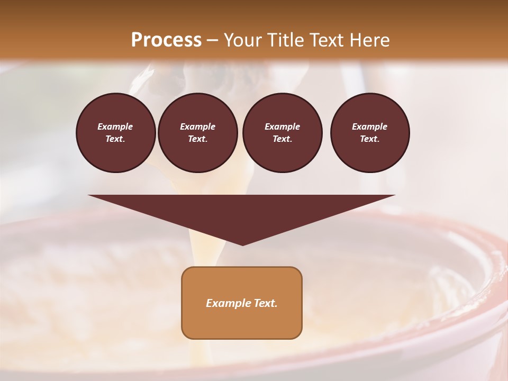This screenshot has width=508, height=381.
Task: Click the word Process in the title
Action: click(166, 40)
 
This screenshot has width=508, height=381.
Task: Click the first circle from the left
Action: click(116, 133)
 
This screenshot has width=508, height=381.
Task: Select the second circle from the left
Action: click(197, 133)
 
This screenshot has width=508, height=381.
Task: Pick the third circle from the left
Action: click(282, 133)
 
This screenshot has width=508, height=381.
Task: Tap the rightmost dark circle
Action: click(370, 133)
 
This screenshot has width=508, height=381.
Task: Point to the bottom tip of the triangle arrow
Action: click(242, 244)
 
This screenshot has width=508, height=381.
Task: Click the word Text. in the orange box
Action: click(265, 303)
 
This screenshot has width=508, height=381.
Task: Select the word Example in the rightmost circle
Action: click(370, 126)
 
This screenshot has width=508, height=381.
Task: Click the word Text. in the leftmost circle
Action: click(115, 139)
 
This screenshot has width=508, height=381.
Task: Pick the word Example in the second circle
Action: click(197, 126)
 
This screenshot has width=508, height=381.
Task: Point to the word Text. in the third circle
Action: click(282, 139)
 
